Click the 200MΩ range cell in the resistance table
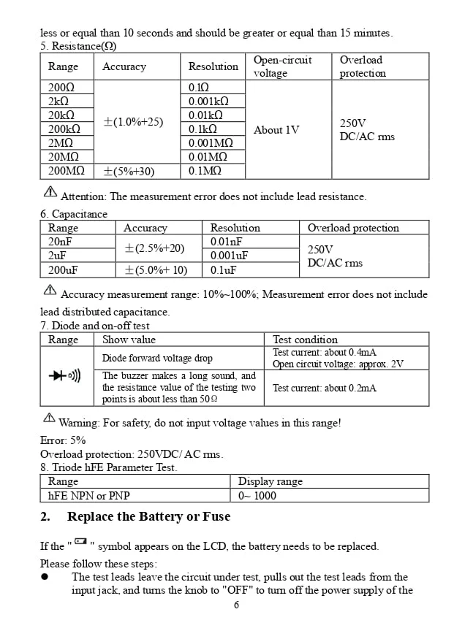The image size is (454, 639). coord(66,171)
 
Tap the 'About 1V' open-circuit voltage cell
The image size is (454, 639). coord(276,130)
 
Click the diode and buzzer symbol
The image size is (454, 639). coord(65,375)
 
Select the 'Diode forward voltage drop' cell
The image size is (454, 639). coord(157,358)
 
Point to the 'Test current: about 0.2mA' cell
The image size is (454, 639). coord(325,388)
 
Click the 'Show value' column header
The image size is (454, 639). coord(129,340)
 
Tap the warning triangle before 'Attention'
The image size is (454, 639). coord(50,192)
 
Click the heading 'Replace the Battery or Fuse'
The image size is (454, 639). coord(148,516)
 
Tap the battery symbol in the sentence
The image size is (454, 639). coord(80,542)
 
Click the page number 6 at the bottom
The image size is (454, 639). coord(236,605)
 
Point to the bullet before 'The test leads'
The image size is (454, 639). coord(45,577)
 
